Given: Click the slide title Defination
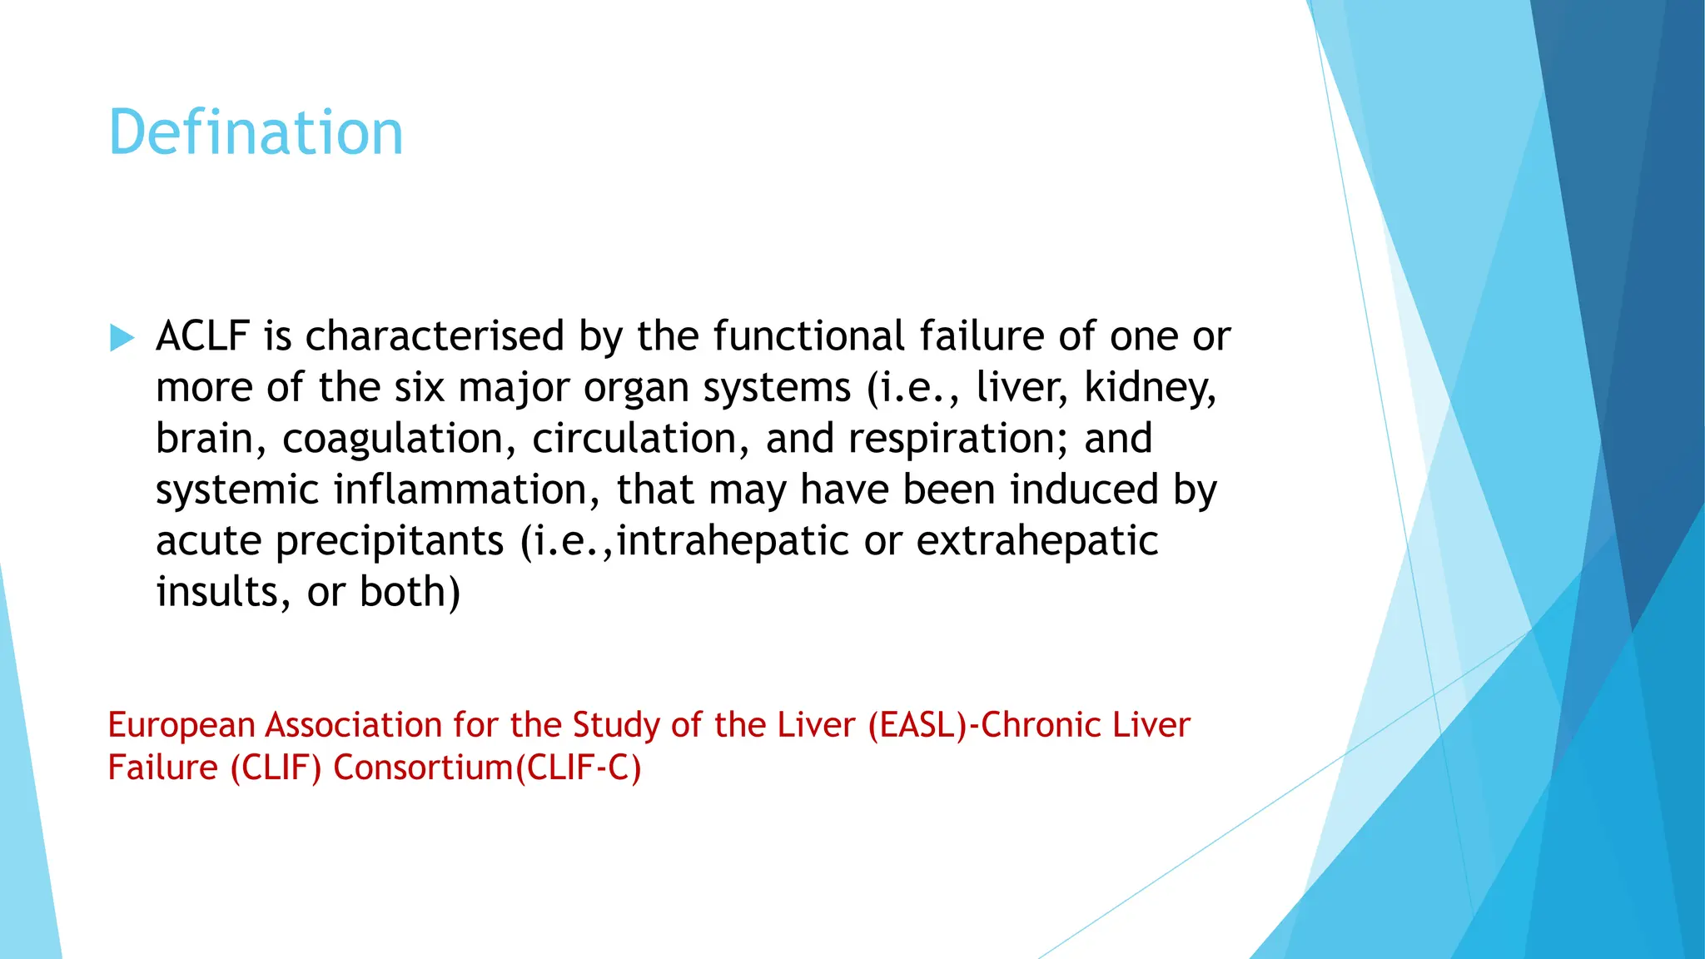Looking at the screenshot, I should click(x=256, y=133).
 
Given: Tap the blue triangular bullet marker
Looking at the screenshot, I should click(x=122, y=338).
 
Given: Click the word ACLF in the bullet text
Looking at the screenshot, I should click(x=202, y=336).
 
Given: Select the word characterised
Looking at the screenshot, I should click(x=435, y=336).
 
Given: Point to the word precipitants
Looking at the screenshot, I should click(x=390, y=541).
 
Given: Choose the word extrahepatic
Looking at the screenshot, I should click(x=1036, y=541).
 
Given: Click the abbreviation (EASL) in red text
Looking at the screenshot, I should click(x=918, y=725).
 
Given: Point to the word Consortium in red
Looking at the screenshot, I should click(x=423, y=768).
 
